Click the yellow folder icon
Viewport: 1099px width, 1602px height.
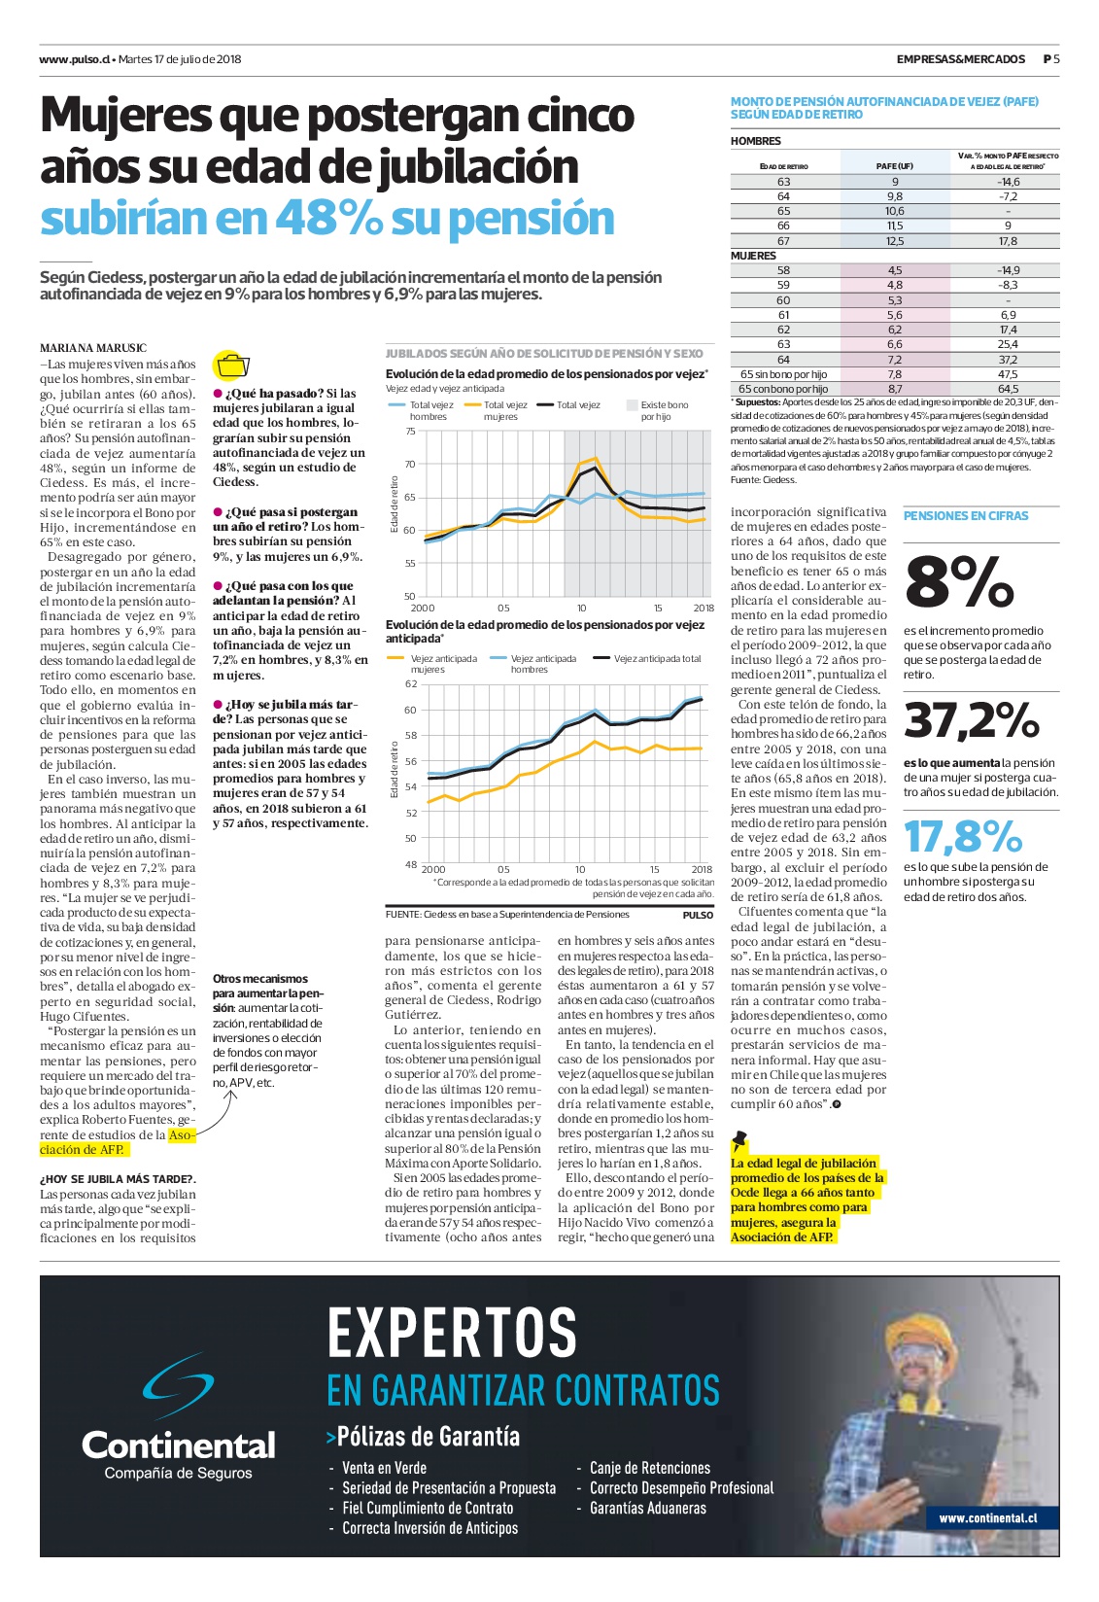(x=231, y=365)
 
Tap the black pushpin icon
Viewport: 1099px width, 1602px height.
(x=739, y=1140)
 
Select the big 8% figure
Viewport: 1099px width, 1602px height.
(x=959, y=583)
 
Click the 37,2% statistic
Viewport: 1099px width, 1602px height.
(x=971, y=720)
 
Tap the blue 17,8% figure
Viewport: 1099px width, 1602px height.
(x=963, y=836)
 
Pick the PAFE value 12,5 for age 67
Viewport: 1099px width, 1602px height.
(x=895, y=242)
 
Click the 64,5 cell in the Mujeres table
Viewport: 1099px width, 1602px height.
(x=1008, y=389)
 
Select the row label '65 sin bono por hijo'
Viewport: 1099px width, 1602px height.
(x=783, y=374)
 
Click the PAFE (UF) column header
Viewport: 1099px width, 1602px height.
(x=895, y=166)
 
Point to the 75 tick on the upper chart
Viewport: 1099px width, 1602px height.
(x=410, y=432)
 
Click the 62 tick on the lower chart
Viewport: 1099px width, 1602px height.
(x=410, y=683)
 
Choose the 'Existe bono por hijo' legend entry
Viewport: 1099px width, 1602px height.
(x=657, y=410)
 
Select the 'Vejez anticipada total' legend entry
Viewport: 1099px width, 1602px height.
(x=648, y=659)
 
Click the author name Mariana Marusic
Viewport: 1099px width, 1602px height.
(x=93, y=348)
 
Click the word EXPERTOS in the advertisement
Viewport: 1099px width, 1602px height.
(x=452, y=1333)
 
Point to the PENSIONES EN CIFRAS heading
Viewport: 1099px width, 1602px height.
(x=966, y=515)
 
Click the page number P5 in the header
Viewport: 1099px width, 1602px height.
(x=1051, y=58)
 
